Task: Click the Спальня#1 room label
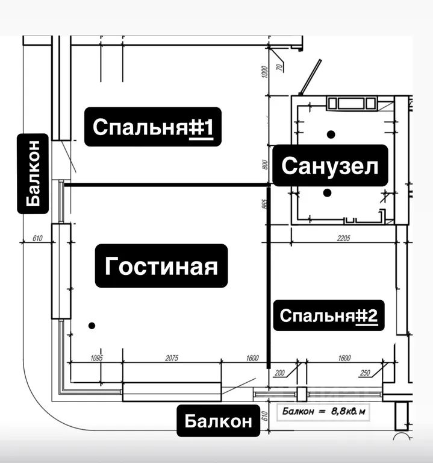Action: pyautogui.click(x=152, y=127)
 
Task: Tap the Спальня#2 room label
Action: pyautogui.click(x=329, y=315)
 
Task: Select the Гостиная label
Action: pyautogui.click(x=161, y=266)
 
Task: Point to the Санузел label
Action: pyautogui.click(x=330, y=166)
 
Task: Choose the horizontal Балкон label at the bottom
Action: pyautogui.click(x=218, y=421)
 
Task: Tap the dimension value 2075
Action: pyautogui.click(x=171, y=358)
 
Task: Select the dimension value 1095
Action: pyautogui.click(x=97, y=358)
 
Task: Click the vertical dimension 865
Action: pyautogui.click(x=264, y=203)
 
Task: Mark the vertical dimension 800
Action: pyautogui.click(x=264, y=165)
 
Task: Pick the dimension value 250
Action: pyautogui.click(x=364, y=373)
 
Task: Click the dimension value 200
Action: pyautogui.click(x=278, y=373)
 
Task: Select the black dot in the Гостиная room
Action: pyautogui.click(x=91, y=326)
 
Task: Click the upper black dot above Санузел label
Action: pyautogui.click(x=330, y=133)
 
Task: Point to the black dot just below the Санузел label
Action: pyautogui.click(x=326, y=194)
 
